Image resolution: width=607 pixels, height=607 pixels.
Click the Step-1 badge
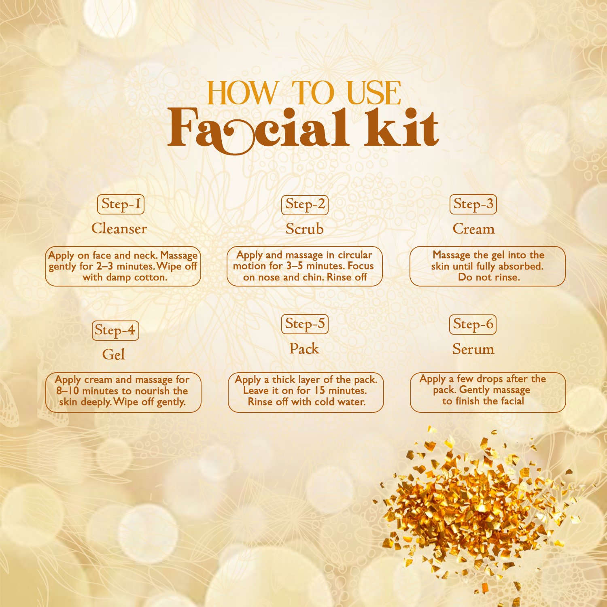point(121,204)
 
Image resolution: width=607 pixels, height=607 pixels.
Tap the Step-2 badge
point(305,204)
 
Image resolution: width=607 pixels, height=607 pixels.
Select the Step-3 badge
point(473,204)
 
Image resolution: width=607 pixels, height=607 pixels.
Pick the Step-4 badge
point(115,330)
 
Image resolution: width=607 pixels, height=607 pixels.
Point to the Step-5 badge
point(305,324)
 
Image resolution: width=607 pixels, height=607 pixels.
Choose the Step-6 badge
point(473,325)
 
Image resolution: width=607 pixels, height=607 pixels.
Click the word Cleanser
point(119,229)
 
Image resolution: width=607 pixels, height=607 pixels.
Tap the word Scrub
point(305,229)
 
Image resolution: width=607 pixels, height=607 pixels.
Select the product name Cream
point(473,229)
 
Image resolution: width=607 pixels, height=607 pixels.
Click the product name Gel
point(114,355)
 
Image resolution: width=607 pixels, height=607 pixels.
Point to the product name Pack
point(304,349)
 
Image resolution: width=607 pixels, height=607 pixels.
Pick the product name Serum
point(473,349)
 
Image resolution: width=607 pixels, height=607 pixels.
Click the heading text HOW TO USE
point(304,93)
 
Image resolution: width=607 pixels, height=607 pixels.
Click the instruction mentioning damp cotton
point(123,266)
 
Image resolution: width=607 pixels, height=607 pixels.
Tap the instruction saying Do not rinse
point(488,266)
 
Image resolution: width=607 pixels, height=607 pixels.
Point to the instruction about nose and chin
point(305,266)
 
